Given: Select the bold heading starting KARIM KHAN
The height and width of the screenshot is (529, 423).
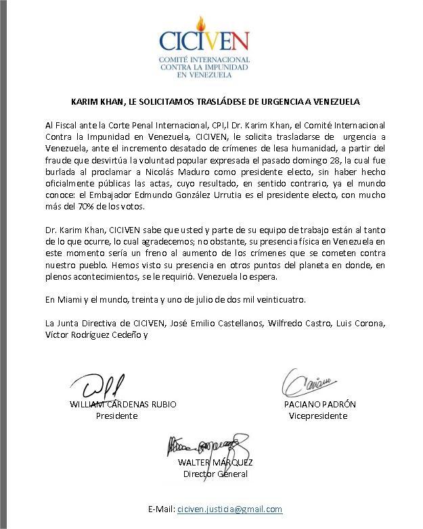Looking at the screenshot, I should pos(216,102).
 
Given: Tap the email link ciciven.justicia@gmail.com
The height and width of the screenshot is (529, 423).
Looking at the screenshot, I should pos(229,509).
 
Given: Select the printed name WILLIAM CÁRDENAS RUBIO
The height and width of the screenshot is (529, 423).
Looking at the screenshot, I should pos(123,404).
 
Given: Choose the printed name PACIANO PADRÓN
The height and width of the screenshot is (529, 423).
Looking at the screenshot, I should pos(320,404).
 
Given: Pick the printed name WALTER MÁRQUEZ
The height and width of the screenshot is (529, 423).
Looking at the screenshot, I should pos(215,463).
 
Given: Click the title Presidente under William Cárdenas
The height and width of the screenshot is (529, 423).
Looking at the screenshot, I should pos(116,415).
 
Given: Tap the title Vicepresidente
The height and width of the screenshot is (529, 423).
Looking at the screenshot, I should pos(318,415).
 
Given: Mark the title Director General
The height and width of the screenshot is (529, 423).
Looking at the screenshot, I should pos(215,474).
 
